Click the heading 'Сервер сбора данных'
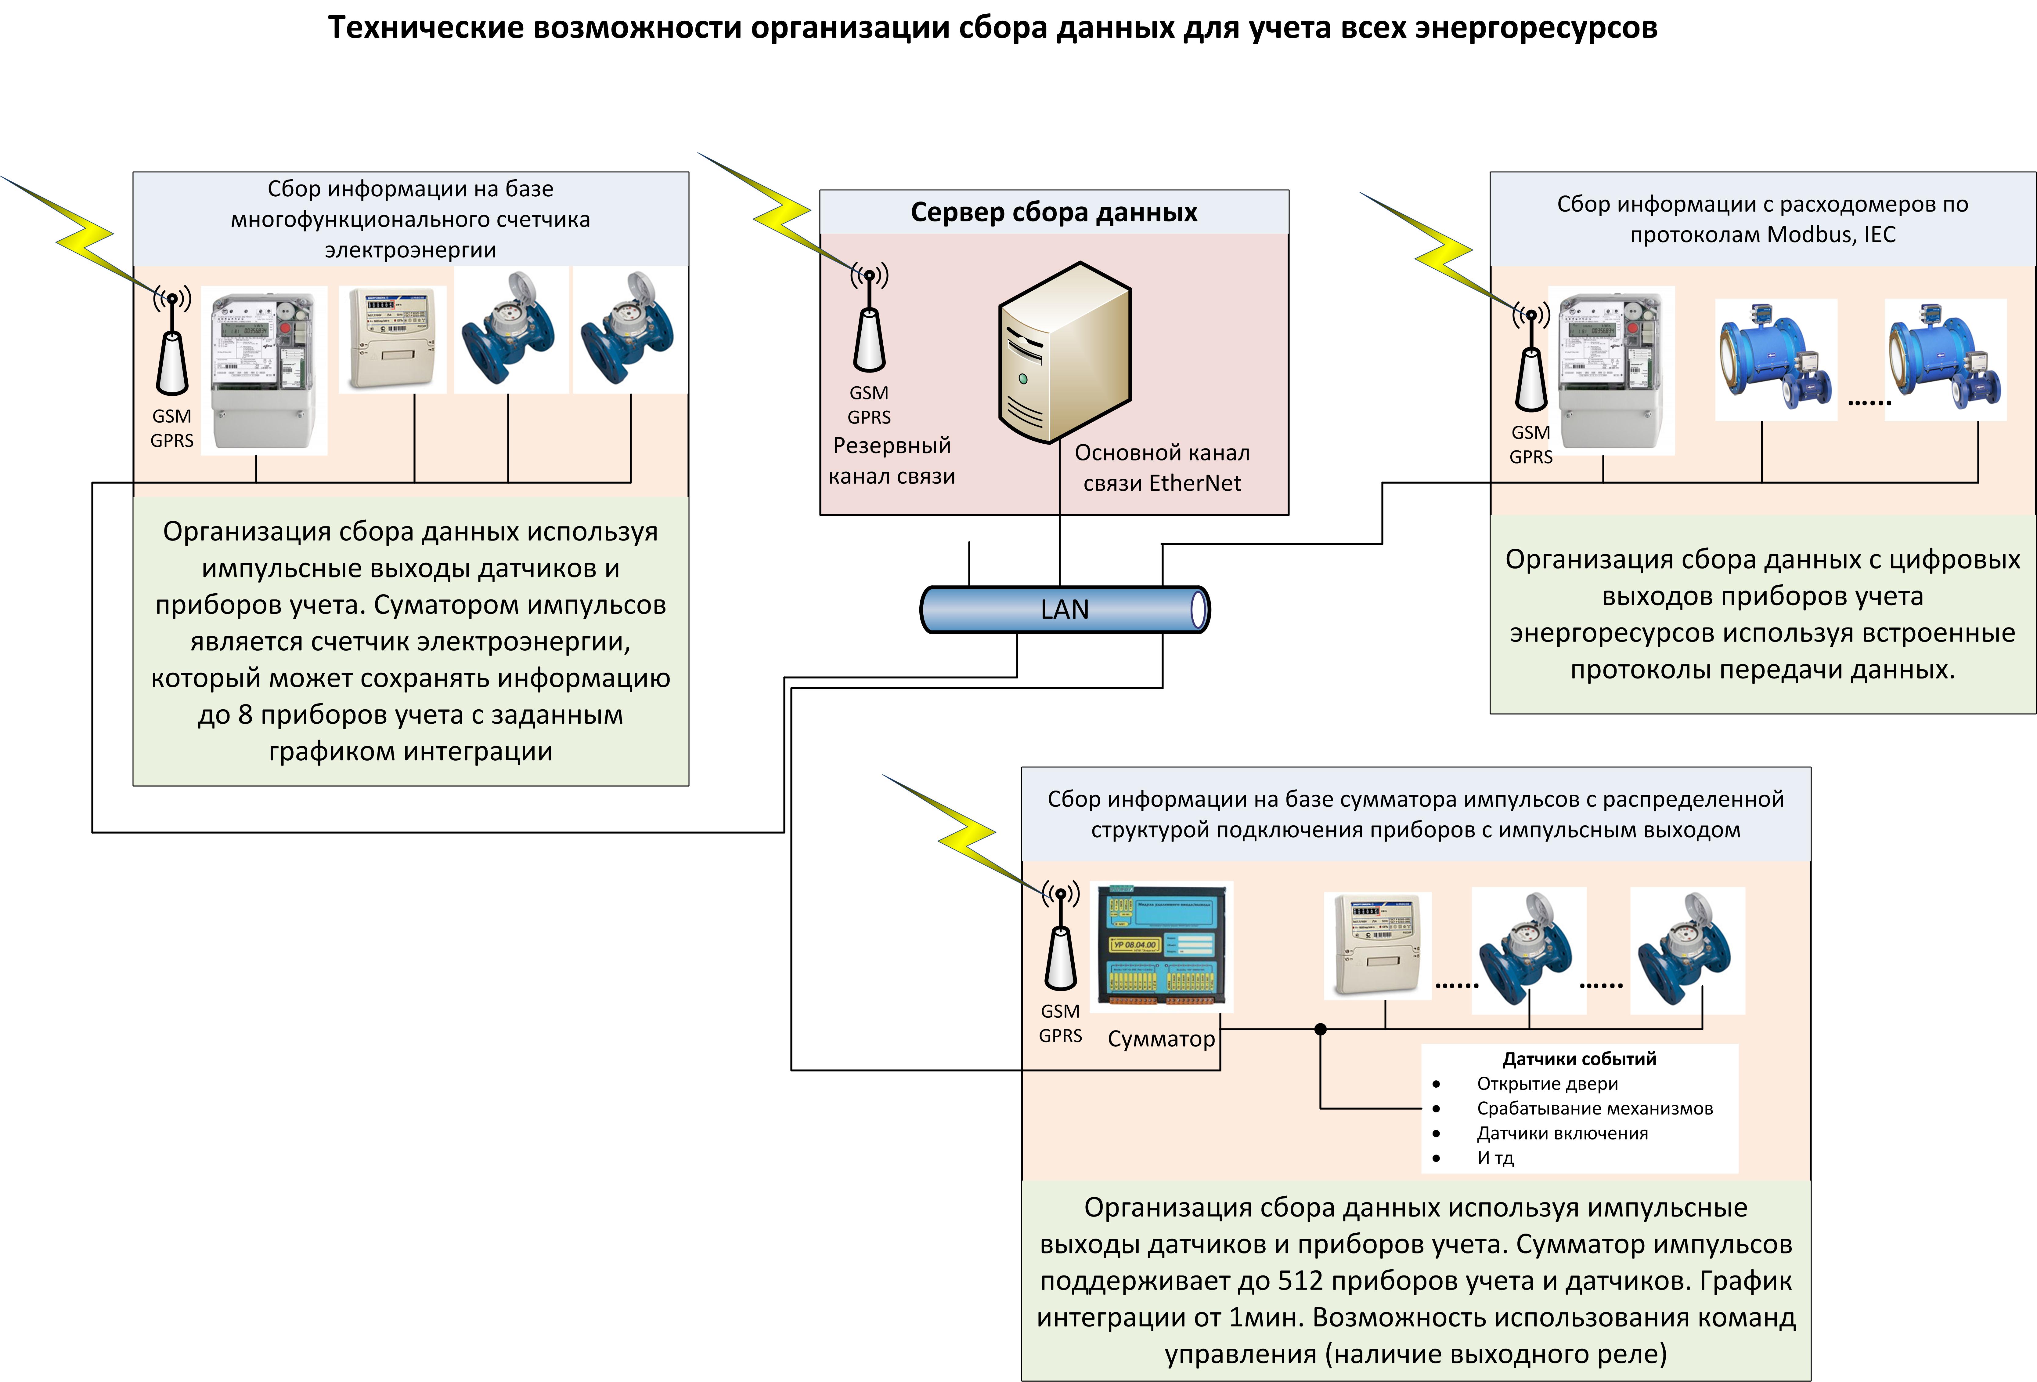coord(1054,212)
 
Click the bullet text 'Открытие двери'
coord(1547,1084)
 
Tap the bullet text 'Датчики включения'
coord(1562,1133)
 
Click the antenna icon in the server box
coord(870,320)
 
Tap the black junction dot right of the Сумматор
coord(1320,1029)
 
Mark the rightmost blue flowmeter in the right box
coord(1945,359)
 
